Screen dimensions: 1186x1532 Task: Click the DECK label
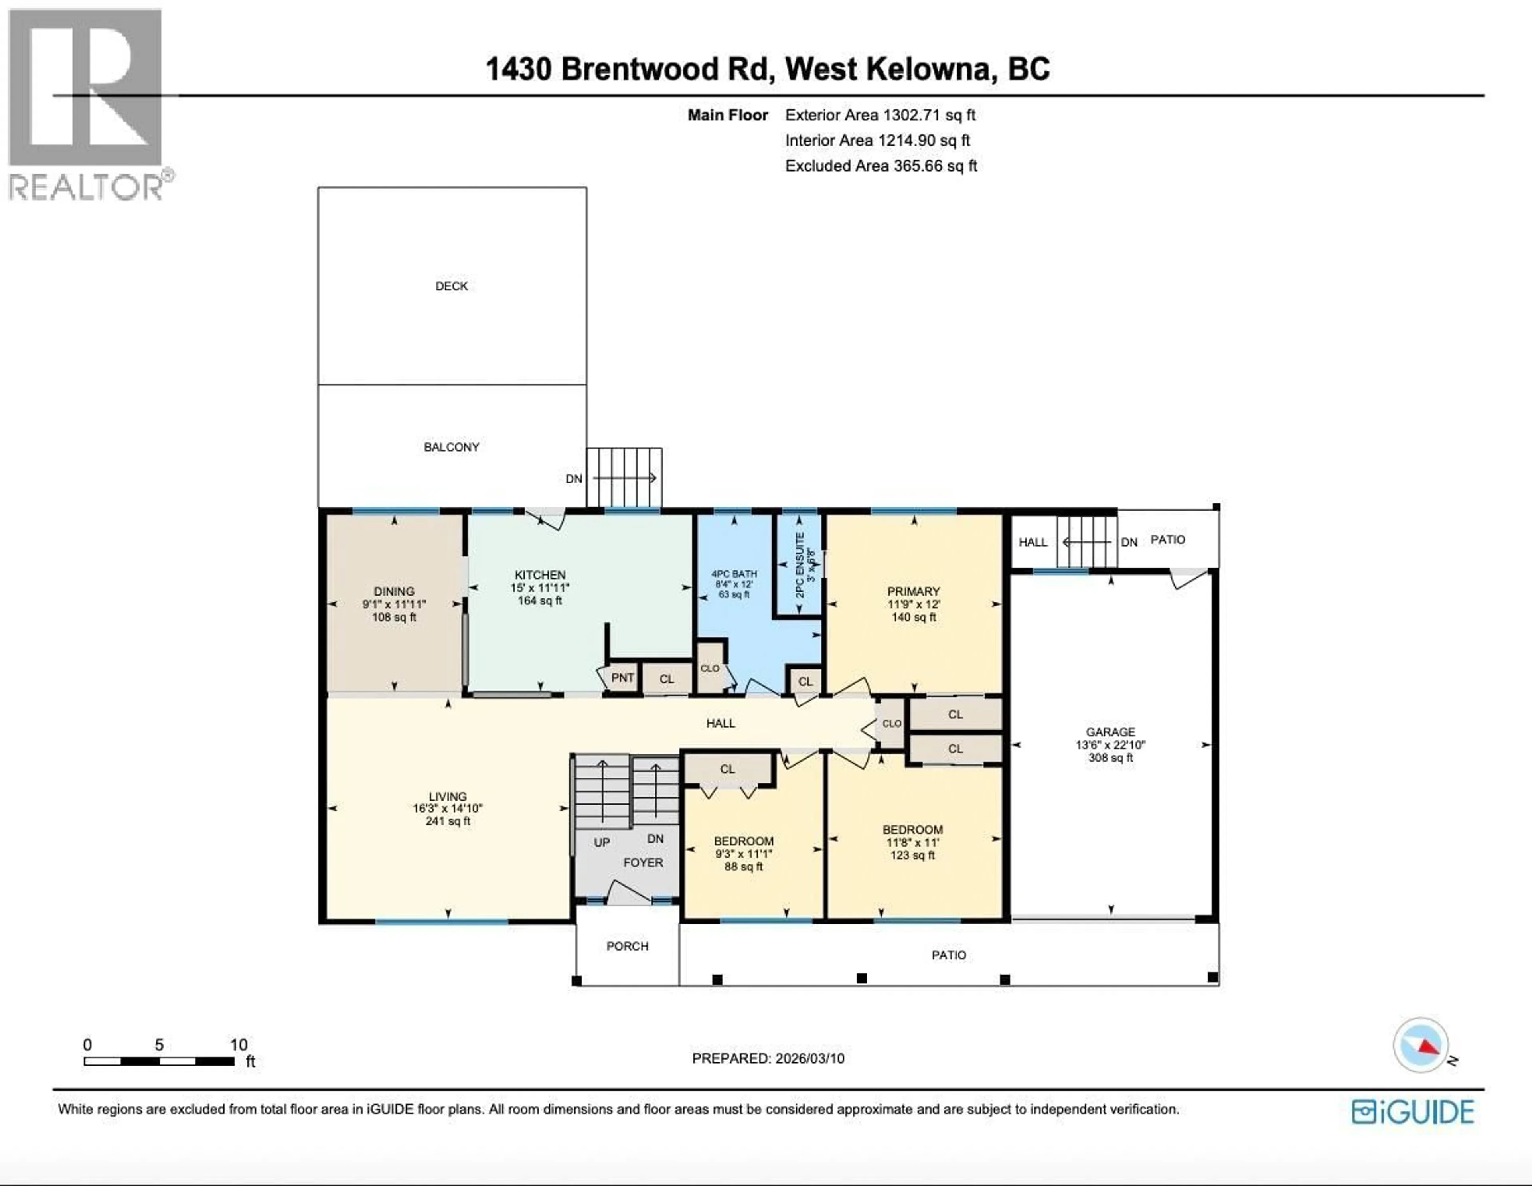click(x=451, y=286)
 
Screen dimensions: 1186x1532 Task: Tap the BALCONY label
click(x=451, y=447)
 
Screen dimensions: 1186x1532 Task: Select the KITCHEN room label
click(x=539, y=574)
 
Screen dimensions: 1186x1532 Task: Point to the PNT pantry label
click(x=622, y=677)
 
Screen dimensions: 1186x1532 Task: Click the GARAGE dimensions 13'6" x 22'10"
click(x=1110, y=745)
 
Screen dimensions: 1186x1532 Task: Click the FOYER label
click(x=643, y=863)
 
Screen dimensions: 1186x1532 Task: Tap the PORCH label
click(x=627, y=946)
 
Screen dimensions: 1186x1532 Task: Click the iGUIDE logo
click(x=1413, y=1112)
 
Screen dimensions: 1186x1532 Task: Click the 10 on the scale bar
click(x=239, y=1045)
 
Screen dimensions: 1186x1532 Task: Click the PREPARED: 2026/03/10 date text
click(x=768, y=1058)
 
